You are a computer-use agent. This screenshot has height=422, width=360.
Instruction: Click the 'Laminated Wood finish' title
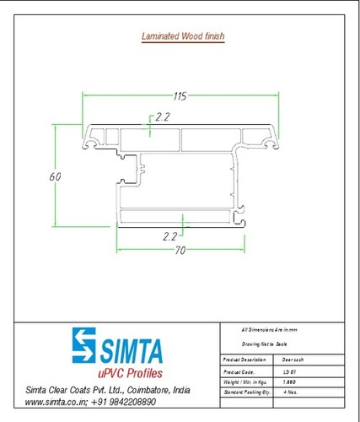point(180,36)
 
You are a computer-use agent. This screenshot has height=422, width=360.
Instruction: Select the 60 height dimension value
point(53,177)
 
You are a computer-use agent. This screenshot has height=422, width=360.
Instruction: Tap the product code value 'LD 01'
point(290,371)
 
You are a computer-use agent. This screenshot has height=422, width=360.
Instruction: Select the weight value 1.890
point(291,383)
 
